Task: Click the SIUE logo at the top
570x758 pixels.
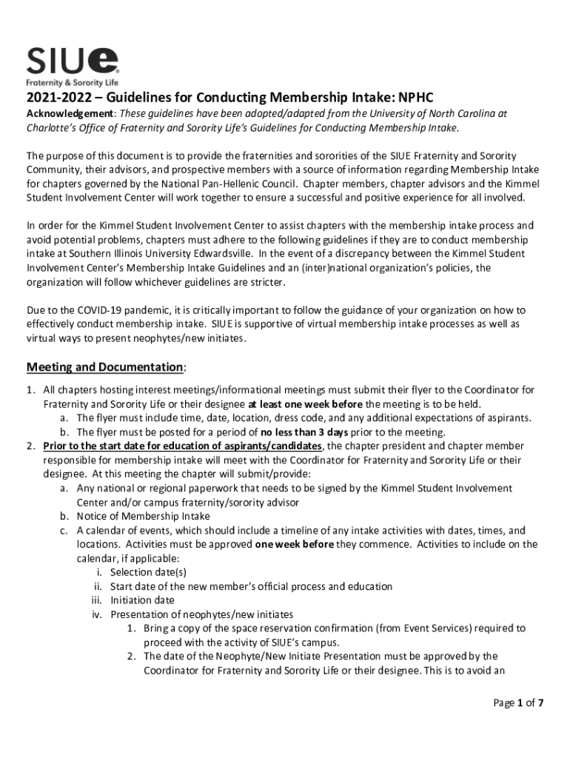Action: (x=73, y=61)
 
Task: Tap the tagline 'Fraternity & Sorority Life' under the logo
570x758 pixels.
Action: (x=73, y=83)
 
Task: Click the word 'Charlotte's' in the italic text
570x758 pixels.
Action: (x=53, y=127)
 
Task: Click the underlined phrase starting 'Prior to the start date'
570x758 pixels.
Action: (x=182, y=446)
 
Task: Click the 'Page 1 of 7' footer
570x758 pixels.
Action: (x=518, y=703)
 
